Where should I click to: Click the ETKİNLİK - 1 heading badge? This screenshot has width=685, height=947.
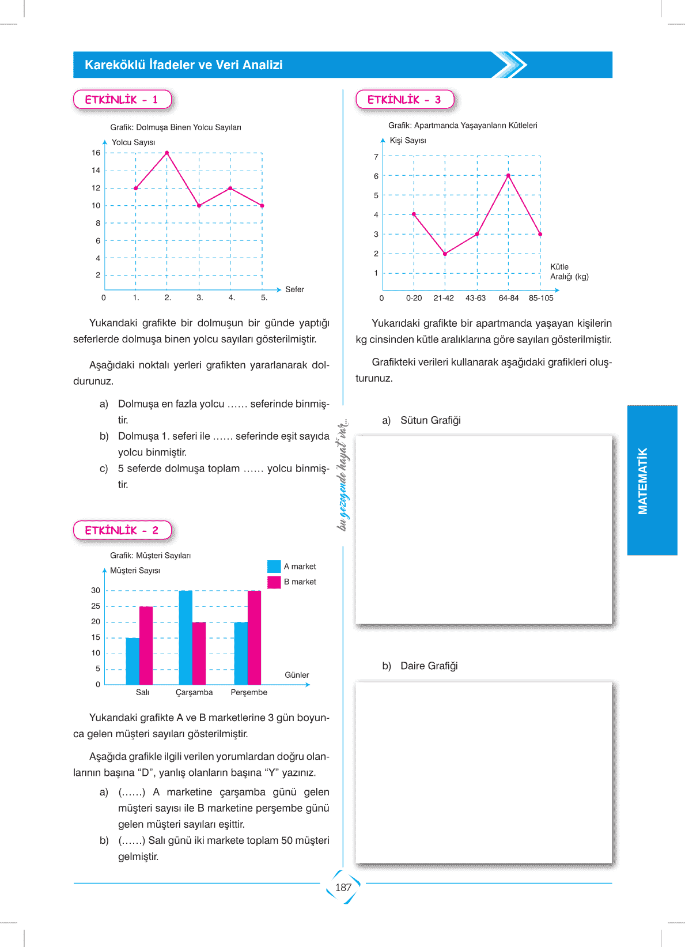(x=122, y=100)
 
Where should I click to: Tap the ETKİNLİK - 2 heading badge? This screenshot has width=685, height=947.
(x=122, y=530)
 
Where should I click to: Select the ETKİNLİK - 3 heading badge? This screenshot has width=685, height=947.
(x=404, y=100)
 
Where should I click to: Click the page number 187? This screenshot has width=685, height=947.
(x=343, y=888)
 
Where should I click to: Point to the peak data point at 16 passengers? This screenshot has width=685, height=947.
(x=167, y=153)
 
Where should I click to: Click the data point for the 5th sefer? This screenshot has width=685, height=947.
(x=262, y=206)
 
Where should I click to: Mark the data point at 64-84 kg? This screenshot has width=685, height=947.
(x=508, y=175)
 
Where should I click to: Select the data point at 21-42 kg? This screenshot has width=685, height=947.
(x=445, y=254)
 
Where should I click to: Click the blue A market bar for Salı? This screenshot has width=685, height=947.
(x=133, y=661)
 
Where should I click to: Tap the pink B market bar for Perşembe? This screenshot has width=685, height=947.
(x=254, y=637)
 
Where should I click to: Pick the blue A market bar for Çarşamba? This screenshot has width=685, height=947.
(x=186, y=637)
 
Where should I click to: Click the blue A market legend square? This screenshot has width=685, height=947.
(x=274, y=567)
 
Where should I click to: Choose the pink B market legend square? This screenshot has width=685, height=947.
(x=274, y=582)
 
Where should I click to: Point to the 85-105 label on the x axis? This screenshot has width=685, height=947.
(x=541, y=298)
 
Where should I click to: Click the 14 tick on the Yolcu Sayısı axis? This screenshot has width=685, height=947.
(x=96, y=171)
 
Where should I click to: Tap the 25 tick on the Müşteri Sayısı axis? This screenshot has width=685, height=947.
(x=96, y=606)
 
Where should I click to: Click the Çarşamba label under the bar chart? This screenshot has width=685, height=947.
(x=194, y=692)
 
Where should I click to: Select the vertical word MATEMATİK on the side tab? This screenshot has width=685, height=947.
(x=643, y=481)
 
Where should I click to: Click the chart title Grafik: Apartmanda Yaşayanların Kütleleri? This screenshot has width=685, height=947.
(x=463, y=126)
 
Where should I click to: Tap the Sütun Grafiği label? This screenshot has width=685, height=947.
(x=430, y=420)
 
